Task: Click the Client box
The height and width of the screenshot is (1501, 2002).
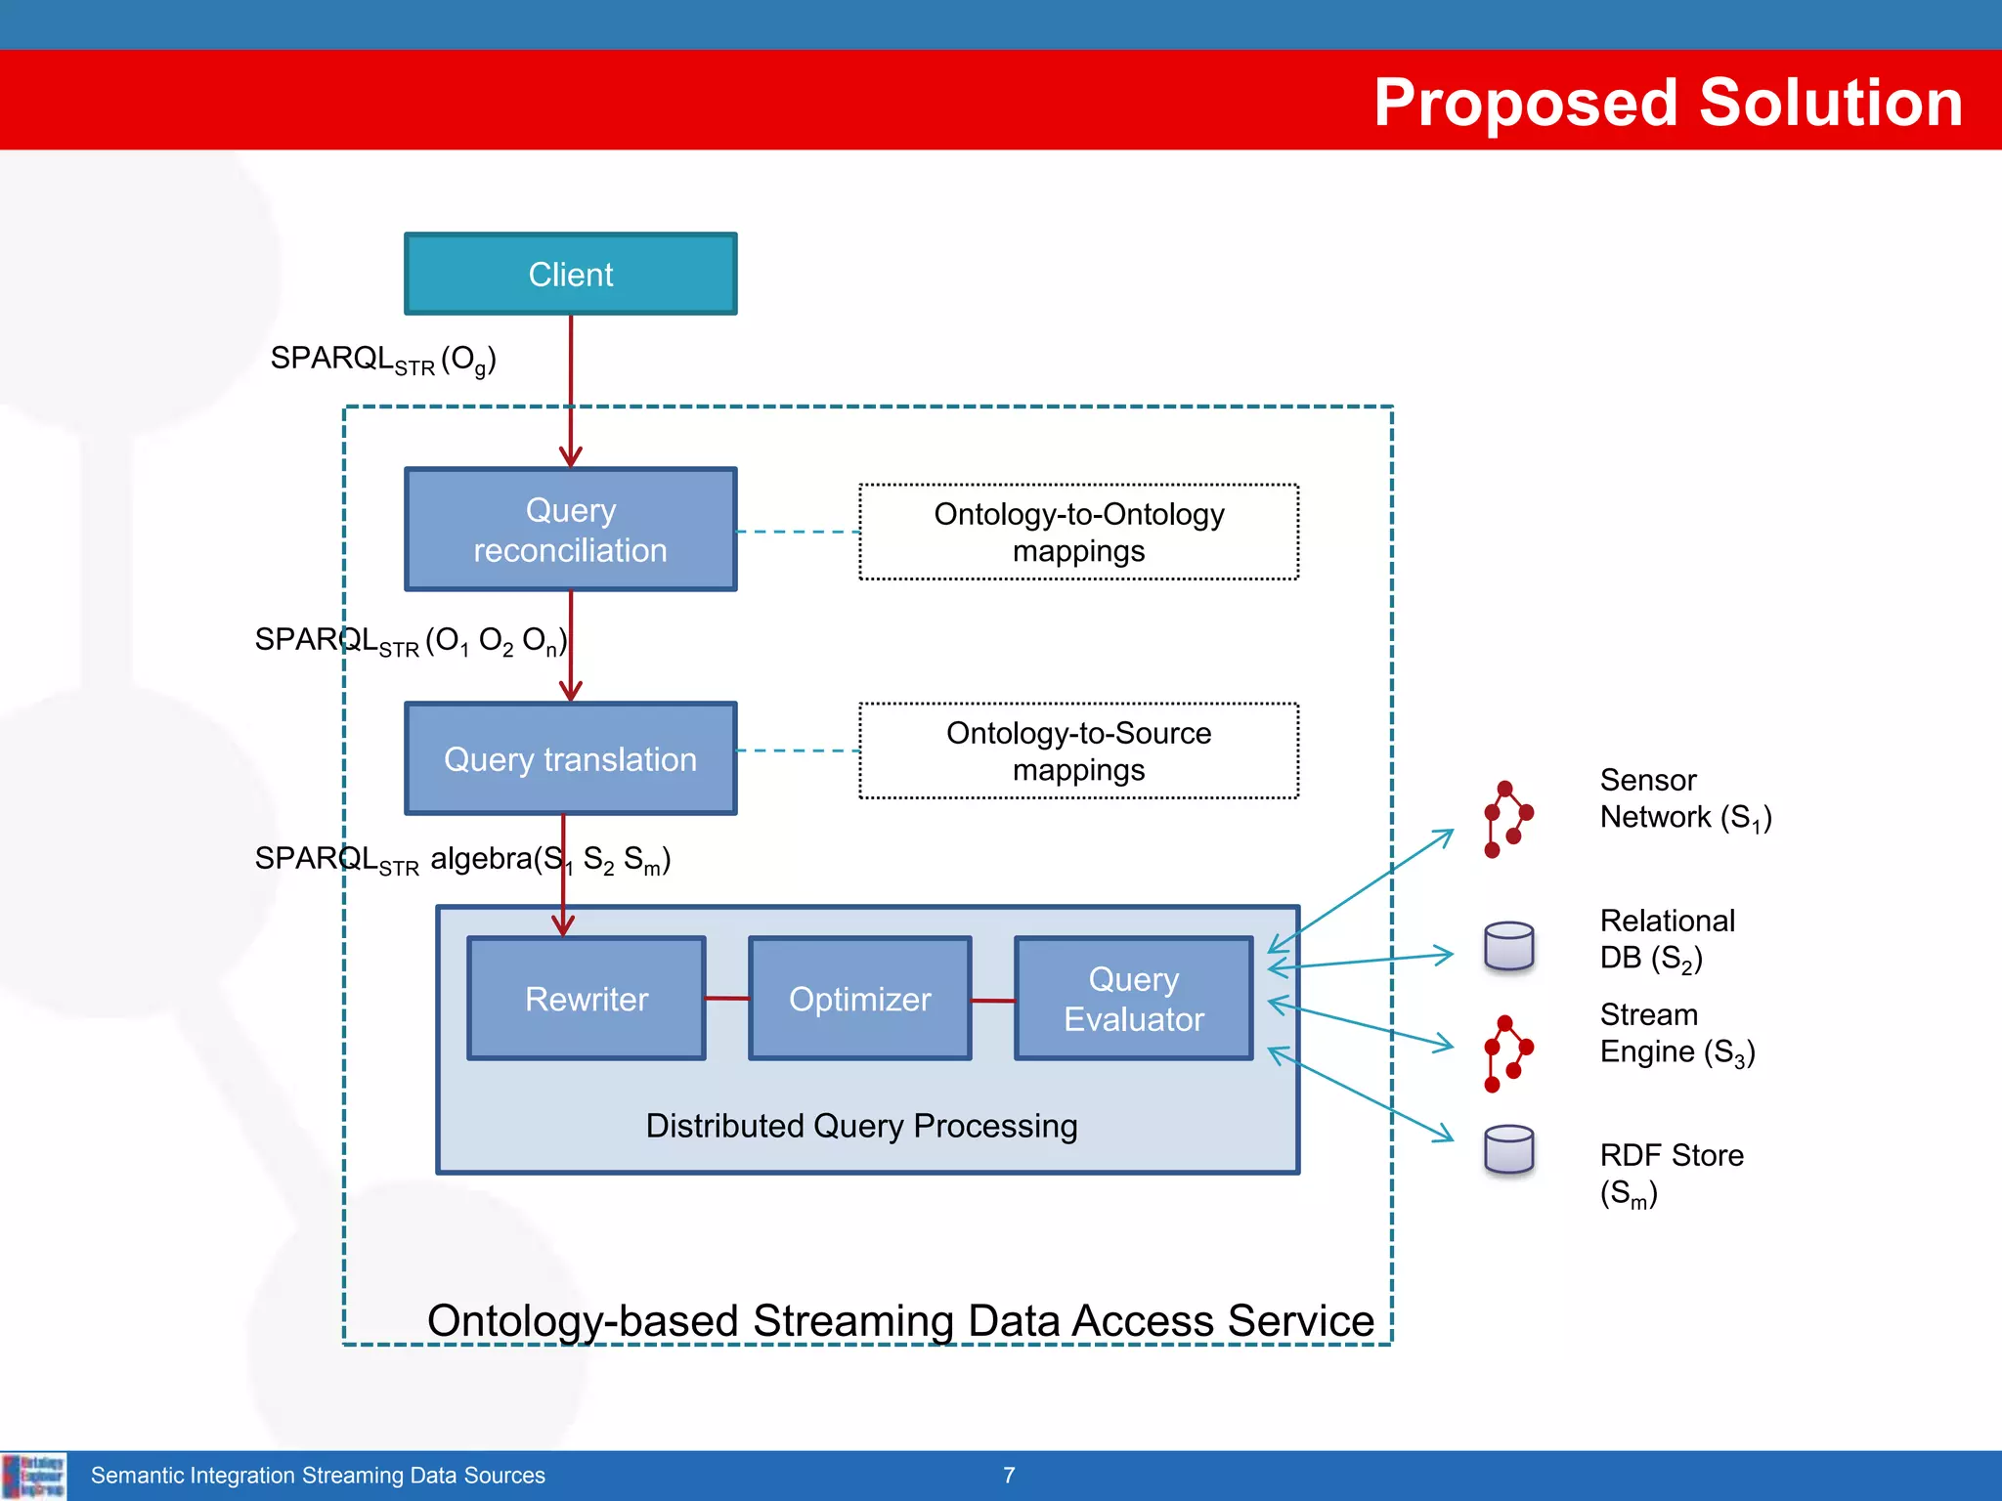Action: (x=571, y=274)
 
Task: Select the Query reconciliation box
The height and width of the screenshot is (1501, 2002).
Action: (x=571, y=530)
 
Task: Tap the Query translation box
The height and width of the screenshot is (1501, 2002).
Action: (x=571, y=758)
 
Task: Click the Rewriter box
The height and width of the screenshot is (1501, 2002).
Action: (x=587, y=999)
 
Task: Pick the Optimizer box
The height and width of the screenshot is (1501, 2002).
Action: (x=860, y=999)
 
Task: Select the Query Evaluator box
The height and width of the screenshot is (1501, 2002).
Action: (x=1134, y=999)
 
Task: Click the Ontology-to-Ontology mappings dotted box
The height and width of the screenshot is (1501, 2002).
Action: (x=1078, y=533)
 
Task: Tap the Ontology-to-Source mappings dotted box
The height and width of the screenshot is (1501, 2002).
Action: (x=1078, y=750)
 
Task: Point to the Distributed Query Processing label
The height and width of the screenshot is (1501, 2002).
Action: (x=861, y=1126)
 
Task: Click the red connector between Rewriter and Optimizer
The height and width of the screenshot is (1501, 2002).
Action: (x=727, y=999)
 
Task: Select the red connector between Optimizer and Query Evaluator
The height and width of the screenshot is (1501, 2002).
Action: (x=993, y=1001)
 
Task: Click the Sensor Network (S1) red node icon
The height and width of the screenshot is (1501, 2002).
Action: (x=1508, y=819)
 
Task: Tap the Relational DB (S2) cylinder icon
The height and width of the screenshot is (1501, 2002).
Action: (x=1508, y=946)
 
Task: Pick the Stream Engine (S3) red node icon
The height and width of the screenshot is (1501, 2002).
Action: (x=1508, y=1053)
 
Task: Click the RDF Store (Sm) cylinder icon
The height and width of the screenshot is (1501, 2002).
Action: (x=1508, y=1150)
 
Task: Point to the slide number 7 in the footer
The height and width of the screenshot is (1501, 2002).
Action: (x=1009, y=1475)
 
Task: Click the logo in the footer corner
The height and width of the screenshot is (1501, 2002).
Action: (x=34, y=1476)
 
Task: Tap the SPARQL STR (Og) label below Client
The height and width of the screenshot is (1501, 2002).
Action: (x=383, y=360)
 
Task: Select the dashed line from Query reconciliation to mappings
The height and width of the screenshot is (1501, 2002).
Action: (x=798, y=532)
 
